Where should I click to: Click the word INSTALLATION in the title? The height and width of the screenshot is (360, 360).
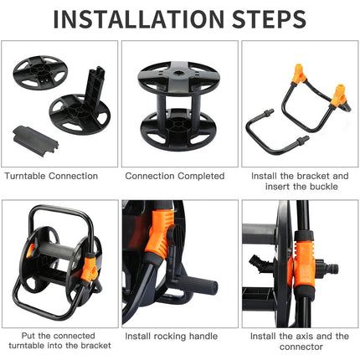[138, 19]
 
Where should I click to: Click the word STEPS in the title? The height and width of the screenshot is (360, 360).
[269, 19]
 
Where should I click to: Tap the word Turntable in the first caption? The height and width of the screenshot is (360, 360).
[25, 176]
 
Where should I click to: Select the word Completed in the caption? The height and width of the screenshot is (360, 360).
[201, 176]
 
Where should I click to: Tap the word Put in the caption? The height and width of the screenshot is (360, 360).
[28, 336]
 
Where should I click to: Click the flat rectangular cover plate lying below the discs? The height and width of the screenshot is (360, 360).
[35, 141]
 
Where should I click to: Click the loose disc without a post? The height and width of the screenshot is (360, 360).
[40, 73]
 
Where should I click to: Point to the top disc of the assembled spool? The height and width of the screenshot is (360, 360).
[179, 78]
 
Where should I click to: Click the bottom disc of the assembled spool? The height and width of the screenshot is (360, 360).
[178, 131]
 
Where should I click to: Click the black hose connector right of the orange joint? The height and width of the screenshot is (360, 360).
[327, 269]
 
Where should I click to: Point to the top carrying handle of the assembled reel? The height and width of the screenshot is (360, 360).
[60, 211]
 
